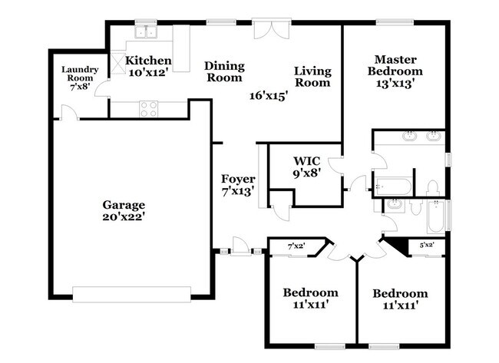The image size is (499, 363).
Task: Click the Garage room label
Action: (x=124, y=205)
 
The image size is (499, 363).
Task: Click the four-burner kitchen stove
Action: (x=149, y=109)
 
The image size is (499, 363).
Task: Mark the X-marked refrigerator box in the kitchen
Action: (x=119, y=61)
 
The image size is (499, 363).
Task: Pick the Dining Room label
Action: (x=223, y=72)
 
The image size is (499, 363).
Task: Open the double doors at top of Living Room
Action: (x=273, y=29)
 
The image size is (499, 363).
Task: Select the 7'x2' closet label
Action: (x=296, y=246)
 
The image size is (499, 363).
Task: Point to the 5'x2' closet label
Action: (x=427, y=246)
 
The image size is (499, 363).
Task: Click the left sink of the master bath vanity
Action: (x=409, y=138)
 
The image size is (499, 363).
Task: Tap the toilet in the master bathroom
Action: (x=432, y=188)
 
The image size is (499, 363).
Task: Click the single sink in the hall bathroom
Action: (x=395, y=204)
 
